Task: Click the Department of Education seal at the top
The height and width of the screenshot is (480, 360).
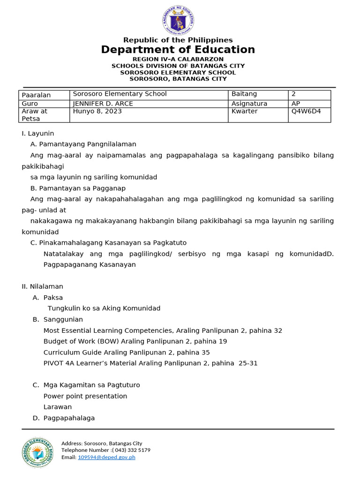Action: (178, 20)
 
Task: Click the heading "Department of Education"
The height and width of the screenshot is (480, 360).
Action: (178, 50)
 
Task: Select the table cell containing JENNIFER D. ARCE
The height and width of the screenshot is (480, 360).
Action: (149, 104)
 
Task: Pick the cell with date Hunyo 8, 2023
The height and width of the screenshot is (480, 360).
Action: (149, 114)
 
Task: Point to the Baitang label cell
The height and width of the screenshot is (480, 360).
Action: (257, 94)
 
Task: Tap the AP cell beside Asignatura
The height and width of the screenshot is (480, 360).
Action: (309, 104)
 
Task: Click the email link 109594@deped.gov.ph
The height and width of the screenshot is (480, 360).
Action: (106, 457)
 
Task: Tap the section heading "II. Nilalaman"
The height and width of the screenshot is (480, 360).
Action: (43, 286)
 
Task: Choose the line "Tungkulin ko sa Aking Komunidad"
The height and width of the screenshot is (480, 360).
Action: (104, 308)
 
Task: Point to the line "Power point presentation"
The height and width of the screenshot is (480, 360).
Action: (85, 396)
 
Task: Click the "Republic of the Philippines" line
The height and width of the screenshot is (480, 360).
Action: (178, 40)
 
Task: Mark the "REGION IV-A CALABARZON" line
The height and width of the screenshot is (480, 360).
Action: (178, 59)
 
